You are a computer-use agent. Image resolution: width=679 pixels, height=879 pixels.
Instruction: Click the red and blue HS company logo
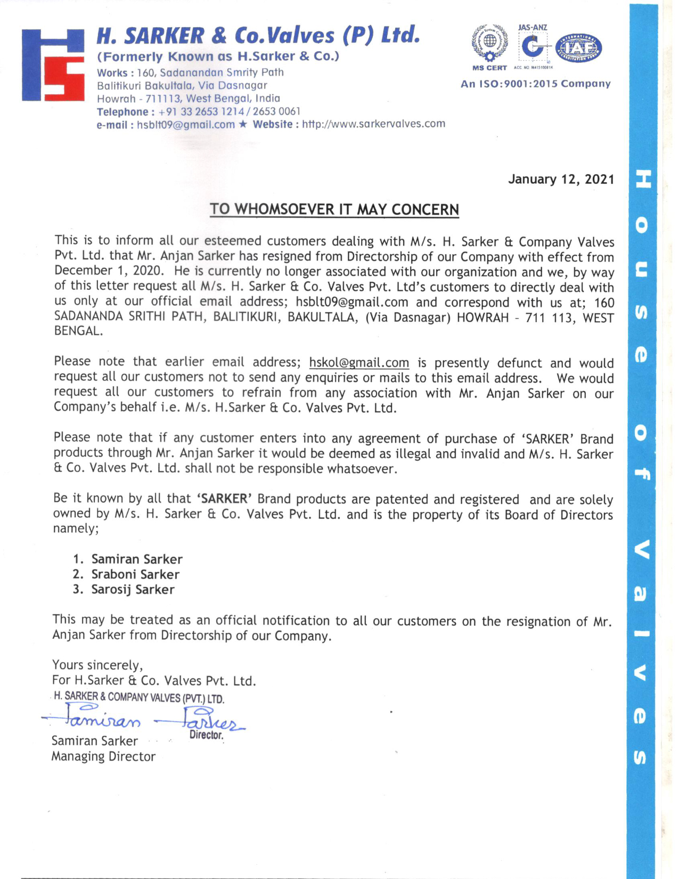coord(53,65)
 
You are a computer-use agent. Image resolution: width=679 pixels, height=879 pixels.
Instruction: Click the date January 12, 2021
coord(561,179)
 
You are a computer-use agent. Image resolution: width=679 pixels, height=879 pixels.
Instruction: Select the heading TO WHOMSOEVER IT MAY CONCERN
coord(334,209)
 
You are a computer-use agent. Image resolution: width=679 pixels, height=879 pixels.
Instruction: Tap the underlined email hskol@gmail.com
coord(359,363)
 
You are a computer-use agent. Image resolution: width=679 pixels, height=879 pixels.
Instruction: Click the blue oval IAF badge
coord(578,48)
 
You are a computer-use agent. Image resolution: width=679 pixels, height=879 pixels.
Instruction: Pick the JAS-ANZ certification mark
coord(533,45)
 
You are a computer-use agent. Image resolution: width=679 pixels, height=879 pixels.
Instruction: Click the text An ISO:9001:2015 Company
coord(535,84)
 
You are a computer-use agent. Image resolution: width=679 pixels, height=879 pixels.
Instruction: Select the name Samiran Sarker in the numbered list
coord(137,559)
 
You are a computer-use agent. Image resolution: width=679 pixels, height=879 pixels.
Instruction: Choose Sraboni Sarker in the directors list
coord(135,574)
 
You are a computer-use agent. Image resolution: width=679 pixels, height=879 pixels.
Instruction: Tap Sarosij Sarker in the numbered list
coord(133,589)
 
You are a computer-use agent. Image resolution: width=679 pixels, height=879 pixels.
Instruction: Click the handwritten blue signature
coord(144,719)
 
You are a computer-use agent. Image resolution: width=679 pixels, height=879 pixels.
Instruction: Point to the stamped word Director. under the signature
coord(206,735)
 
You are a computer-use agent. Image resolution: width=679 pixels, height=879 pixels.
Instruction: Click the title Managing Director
coord(103,756)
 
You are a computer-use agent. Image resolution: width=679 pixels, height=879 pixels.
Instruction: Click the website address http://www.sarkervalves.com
coord(373,124)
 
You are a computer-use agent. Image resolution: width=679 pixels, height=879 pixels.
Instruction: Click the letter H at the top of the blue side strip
coord(642,179)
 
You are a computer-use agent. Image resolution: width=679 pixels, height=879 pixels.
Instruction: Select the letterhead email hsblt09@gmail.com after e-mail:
coord(185,125)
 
